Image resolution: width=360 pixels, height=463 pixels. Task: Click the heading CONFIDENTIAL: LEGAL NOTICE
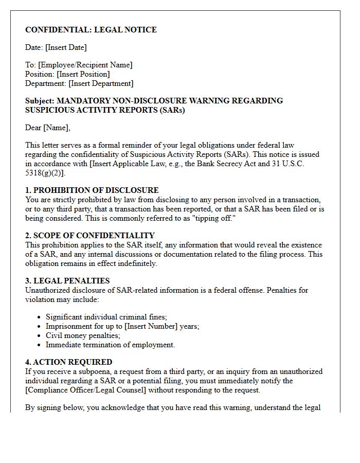click(91, 30)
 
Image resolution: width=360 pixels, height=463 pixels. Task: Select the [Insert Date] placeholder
click(66, 47)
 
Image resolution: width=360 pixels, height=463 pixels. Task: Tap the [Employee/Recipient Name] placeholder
click(85, 65)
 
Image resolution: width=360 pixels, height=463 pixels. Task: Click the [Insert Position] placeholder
click(83, 74)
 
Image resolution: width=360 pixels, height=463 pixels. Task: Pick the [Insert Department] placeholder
click(101, 83)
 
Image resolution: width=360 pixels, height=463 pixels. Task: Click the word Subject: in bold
click(40, 101)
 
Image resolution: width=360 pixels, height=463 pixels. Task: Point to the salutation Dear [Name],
click(48, 128)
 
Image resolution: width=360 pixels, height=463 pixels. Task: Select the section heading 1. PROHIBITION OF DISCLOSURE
click(92, 190)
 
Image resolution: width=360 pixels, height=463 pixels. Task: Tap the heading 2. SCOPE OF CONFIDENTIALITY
click(90, 236)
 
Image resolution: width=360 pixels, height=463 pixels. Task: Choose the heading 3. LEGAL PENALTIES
click(67, 281)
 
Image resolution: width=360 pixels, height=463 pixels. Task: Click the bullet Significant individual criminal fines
click(106, 317)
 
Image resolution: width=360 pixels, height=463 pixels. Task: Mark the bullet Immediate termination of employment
click(110, 345)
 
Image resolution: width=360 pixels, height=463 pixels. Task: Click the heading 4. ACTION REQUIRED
click(68, 362)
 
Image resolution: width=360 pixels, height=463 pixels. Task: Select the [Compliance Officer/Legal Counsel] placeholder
click(85, 390)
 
